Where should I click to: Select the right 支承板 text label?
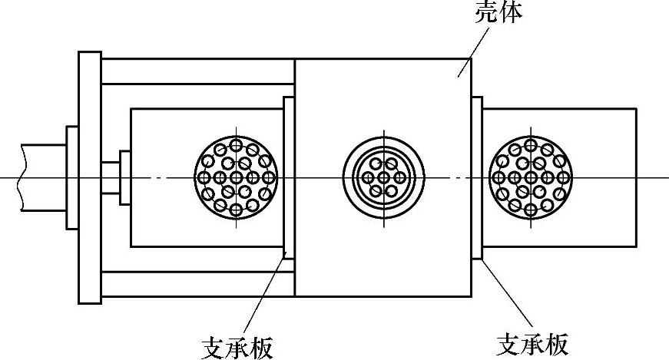coord(533,344)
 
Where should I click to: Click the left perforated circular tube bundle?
coord(237,177)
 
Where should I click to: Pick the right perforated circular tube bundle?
coord(530,177)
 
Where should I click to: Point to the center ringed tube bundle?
coord(383,177)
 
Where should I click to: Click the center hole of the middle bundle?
coord(383,177)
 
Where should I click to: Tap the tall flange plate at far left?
coord(89,177)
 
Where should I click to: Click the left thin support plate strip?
coord(290,177)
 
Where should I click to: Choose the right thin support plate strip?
coord(476,177)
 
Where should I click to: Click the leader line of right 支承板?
coord(507,295)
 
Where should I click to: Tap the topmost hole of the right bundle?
coord(530,145)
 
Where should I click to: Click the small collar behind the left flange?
coord(71,177)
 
